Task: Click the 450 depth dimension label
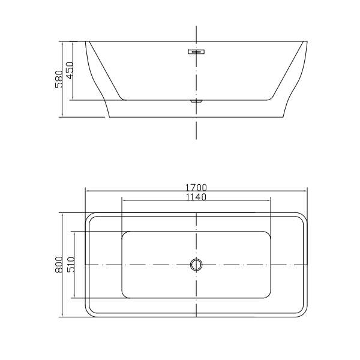tap(70, 70)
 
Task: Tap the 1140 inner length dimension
tap(196, 196)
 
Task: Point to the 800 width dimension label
tap(58, 265)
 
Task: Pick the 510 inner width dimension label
tap(70, 265)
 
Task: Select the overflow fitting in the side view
tap(196, 52)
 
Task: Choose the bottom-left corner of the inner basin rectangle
tap(124, 295)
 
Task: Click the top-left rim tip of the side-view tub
tap(86, 41)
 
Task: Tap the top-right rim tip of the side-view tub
tap(307, 41)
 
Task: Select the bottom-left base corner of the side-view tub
tap(108, 117)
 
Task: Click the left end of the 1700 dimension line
tap(85, 191)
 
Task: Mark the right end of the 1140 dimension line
tap(271, 200)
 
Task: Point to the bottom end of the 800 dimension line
tap(63, 317)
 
